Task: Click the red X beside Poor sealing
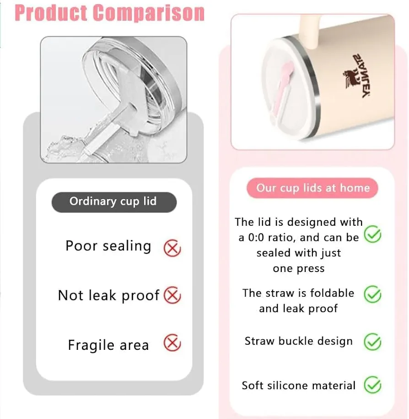(x=172, y=248)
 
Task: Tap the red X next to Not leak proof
(x=172, y=295)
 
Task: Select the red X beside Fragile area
(x=172, y=343)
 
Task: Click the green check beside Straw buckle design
(x=372, y=342)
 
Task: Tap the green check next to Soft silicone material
(x=372, y=385)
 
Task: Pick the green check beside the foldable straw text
(x=372, y=294)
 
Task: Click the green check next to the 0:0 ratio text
(x=372, y=234)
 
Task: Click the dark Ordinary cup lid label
(x=114, y=202)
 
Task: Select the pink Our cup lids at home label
(x=312, y=188)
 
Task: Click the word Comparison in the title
(x=149, y=12)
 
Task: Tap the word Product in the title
(x=51, y=12)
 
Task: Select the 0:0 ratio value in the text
(x=256, y=237)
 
